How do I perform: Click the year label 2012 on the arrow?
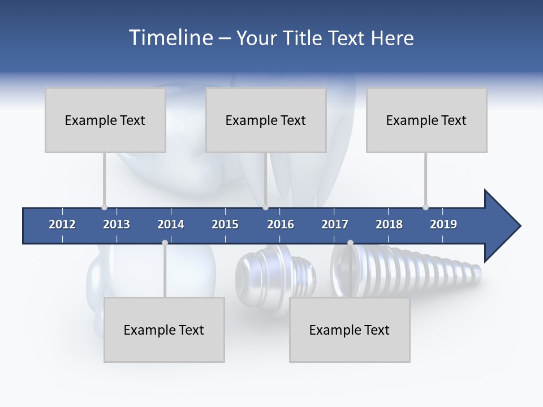pyautogui.click(x=62, y=224)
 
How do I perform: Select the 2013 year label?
pyautogui.click(x=117, y=224)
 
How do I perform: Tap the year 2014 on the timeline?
pyautogui.click(x=171, y=224)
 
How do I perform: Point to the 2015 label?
pyautogui.click(x=225, y=224)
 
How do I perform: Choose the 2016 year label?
pyautogui.click(x=281, y=224)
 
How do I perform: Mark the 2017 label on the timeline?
pyautogui.click(x=335, y=224)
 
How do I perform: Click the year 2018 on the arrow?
pyautogui.click(x=389, y=224)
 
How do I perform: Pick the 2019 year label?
pyautogui.click(x=443, y=224)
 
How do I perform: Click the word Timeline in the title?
pyautogui.click(x=170, y=38)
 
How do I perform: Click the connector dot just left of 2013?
pyautogui.click(x=104, y=207)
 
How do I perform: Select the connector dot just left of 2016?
pyautogui.click(x=265, y=207)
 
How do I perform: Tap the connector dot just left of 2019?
pyautogui.click(x=425, y=207)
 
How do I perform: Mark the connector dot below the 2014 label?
pyautogui.click(x=165, y=243)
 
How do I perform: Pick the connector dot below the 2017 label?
pyautogui.click(x=350, y=243)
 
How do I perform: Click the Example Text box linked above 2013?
pyautogui.click(x=105, y=120)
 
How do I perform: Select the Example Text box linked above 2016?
pyautogui.click(x=266, y=120)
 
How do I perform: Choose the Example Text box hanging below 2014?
pyautogui.click(x=164, y=330)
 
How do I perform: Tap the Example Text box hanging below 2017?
pyautogui.click(x=350, y=330)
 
